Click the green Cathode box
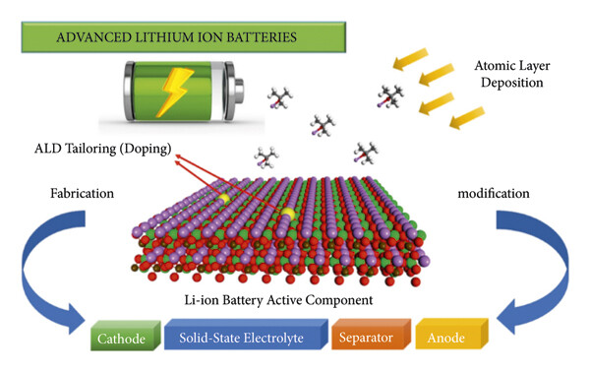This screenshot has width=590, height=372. [122, 340]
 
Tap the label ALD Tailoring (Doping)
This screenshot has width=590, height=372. [116, 149]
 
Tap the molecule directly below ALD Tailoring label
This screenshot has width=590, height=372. [267, 156]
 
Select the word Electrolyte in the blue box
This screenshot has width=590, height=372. [284, 340]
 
